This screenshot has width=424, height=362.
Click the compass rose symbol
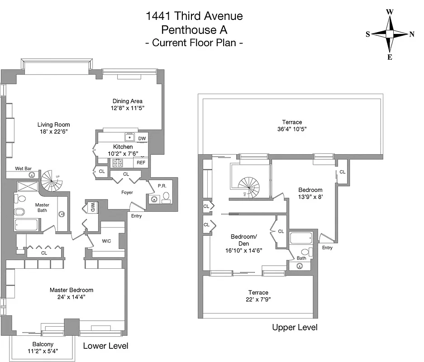click(390, 34)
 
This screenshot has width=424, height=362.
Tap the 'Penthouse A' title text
click(194, 30)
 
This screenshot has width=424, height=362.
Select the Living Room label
click(53, 125)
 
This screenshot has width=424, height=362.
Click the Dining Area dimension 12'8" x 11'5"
click(128, 109)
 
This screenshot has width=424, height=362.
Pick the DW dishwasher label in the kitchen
click(142, 138)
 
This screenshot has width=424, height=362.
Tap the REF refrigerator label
click(141, 162)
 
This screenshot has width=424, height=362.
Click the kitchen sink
click(130, 138)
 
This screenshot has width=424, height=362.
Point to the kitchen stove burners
click(118, 162)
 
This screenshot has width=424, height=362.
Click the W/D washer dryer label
click(92, 207)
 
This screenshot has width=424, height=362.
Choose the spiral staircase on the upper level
click(251, 186)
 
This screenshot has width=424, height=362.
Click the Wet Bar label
click(23, 168)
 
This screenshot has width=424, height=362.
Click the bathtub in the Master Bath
click(27, 225)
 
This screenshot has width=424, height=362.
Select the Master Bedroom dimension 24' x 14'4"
click(71, 297)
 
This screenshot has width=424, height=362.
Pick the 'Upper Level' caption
click(295, 327)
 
